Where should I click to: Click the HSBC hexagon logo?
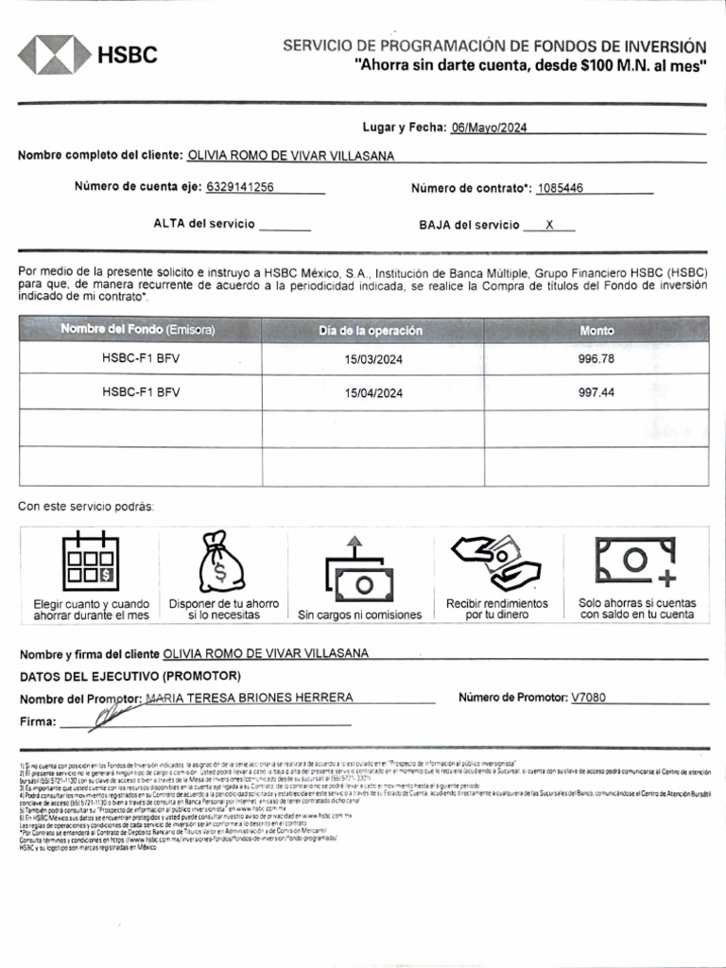pyautogui.click(x=54, y=55)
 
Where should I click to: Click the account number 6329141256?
pyautogui.click(x=240, y=187)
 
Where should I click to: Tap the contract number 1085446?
pyautogui.click(x=560, y=188)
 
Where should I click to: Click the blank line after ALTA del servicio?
pyautogui.click(x=285, y=225)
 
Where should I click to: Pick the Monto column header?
pyautogui.click(x=596, y=330)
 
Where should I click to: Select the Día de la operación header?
pyautogui.click(x=371, y=330)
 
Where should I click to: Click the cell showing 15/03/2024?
pyautogui.click(x=373, y=359)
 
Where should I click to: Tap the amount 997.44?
pyautogui.click(x=596, y=392)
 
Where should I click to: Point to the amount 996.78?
pyautogui.click(x=596, y=359)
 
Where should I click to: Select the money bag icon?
pyautogui.click(x=220, y=562)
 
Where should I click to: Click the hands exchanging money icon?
pyautogui.click(x=495, y=562)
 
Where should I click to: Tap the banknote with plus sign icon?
pyautogui.click(x=636, y=560)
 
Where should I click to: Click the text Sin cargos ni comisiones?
pyautogui.click(x=360, y=615)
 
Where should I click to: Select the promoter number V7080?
pyautogui.click(x=589, y=698)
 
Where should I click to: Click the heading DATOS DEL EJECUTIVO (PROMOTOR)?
pyautogui.click(x=130, y=676)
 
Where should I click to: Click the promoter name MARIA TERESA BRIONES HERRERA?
pyautogui.click(x=250, y=698)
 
